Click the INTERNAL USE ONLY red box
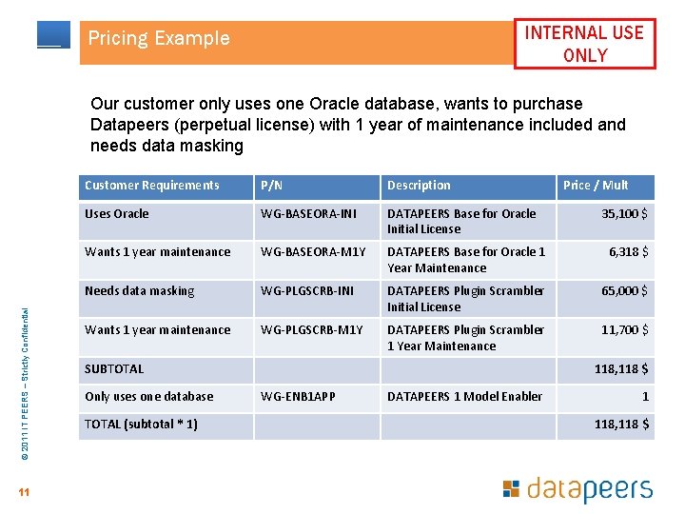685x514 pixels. coord(584,44)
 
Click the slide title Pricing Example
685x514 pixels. coord(159,39)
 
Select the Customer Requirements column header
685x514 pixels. coord(152,186)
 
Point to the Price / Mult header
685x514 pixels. coord(596,186)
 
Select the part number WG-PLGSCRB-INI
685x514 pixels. coord(309,291)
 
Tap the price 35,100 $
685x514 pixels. coord(625,214)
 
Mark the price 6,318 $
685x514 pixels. coord(629,252)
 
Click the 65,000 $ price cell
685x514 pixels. coord(625,291)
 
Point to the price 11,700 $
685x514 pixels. coord(625,330)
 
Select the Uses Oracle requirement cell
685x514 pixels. coord(117,214)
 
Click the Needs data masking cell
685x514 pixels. coord(139,291)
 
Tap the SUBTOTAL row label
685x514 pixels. coord(114,369)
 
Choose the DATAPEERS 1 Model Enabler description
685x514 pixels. coord(464,397)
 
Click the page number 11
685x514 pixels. coord(24,492)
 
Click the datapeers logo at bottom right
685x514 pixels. coord(577,490)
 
